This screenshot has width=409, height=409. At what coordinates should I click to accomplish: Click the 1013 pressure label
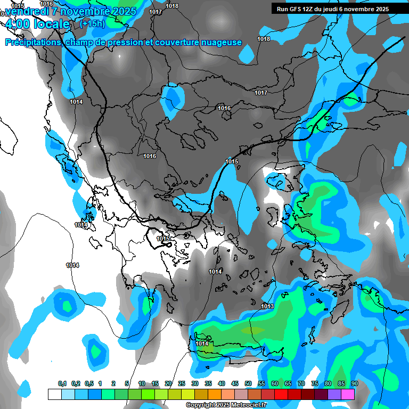point(267,306)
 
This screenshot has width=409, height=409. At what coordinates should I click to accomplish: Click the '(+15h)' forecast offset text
point(92,23)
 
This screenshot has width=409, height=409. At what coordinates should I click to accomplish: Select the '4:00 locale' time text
point(36,24)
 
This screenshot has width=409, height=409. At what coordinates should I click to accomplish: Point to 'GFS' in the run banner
point(295,9)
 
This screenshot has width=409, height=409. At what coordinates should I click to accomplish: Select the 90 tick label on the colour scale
point(354,383)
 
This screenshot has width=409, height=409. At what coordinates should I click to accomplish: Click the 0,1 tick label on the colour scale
point(62,383)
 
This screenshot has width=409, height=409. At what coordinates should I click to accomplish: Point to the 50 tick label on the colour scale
point(248,383)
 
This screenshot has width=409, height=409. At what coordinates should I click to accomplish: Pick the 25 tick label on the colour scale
point(182,383)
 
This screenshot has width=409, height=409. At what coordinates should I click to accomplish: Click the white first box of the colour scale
point(54,394)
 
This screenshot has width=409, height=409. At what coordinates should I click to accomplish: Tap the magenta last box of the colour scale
point(348,394)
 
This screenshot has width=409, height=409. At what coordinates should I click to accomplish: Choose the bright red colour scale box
point(281,394)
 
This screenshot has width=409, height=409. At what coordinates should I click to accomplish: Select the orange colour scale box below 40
point(215,394)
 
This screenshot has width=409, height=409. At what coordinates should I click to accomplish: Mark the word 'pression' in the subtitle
point(125,43)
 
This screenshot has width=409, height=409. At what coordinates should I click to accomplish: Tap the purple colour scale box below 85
point(334,394)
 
